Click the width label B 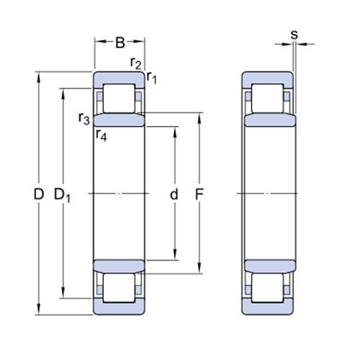click(x=120, y=42)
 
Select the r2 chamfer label click(x=135, y=63)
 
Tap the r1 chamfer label click(x=151, y=76)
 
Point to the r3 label click(x=84, y=118)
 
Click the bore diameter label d click(x=173, y=194)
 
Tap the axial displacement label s click(x=294, y=33)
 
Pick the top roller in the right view click(x=267, y=99)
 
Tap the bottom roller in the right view click(x=267, y=288)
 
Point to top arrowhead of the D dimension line click(x=38, y=75)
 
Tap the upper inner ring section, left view click(x=120, y=120)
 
